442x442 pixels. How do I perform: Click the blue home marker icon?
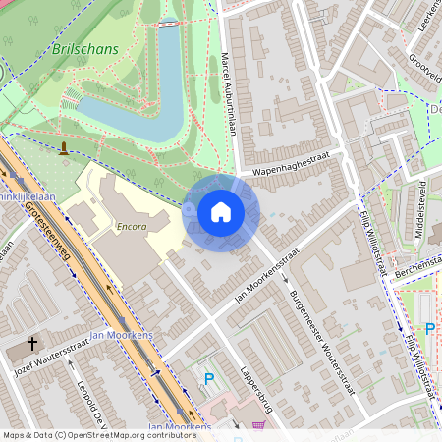point(221,212)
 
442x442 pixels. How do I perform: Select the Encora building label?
point(130,225)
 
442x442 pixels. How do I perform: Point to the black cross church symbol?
point(32,344)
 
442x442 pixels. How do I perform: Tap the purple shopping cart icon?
point(259,426)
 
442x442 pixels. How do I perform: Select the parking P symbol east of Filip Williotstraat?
point(428,329)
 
